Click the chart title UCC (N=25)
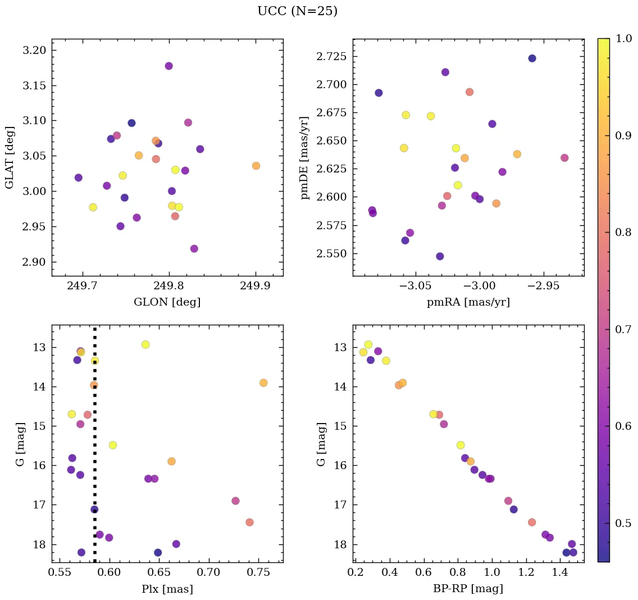click(297, 11)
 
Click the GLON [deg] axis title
click(167, 302)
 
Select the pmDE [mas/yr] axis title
click(305, 157)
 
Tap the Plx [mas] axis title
click(167, 589)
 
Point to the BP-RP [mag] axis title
click(468, 589)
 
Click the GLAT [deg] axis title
click(10, 157)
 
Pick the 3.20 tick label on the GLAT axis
click(35, 51)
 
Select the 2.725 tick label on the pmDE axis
click(331, 57)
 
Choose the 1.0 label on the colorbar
click(624, 39)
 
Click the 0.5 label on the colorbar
click(624, 524)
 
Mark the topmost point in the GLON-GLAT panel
click(168, 66)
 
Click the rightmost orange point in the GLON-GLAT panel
click(256, 166)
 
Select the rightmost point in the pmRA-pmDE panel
click(564, 158)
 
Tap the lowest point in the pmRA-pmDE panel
click(440, 256)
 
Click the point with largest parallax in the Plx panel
click(263, 383)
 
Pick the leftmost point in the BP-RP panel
click(363, 352)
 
